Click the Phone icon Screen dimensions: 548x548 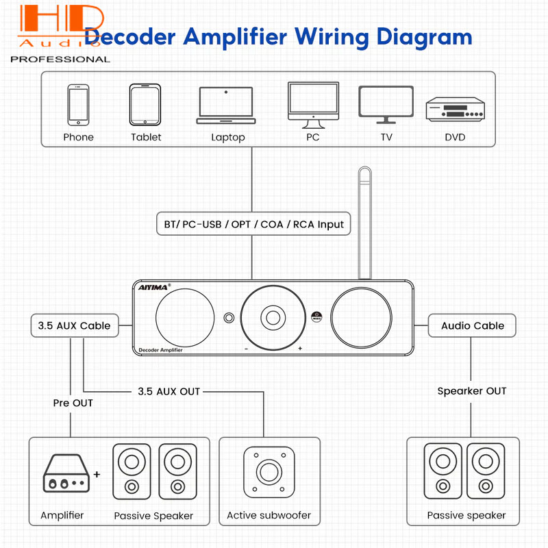(78, 104)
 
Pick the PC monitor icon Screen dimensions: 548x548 (313, 105)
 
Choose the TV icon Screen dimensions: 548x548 (386, 103)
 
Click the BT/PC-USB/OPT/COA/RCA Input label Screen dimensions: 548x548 (253, 224)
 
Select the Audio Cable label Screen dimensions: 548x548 (473, 325)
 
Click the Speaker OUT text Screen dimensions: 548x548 (472, 391)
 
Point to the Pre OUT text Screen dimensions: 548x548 (73, 403)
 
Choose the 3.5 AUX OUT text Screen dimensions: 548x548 (169, 391)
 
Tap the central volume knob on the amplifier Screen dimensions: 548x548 (273, 317)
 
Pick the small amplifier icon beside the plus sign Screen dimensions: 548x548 (66, 474)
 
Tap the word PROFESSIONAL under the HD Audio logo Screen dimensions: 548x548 (60, 59)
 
